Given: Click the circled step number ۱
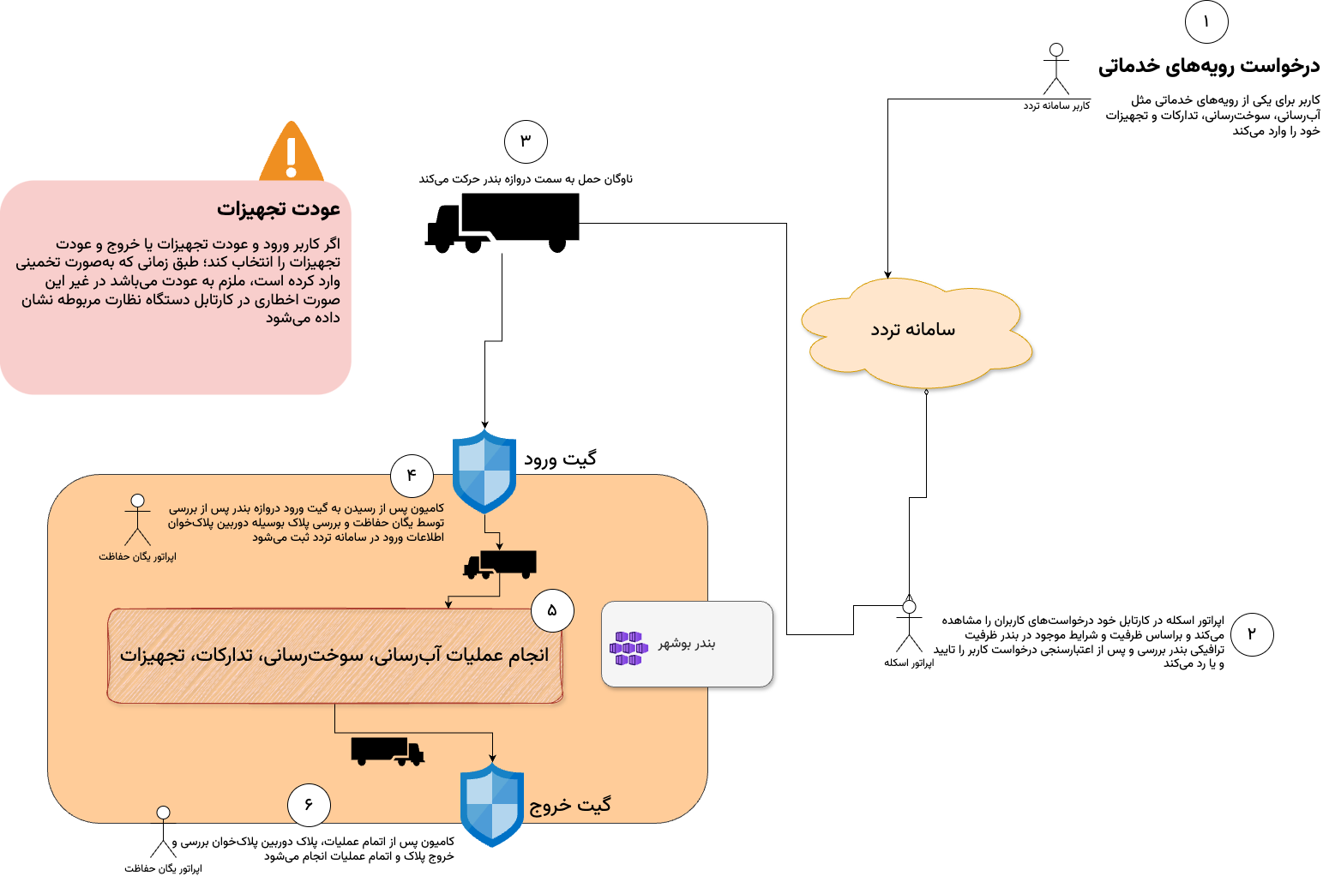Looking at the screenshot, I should tap(1206, 22).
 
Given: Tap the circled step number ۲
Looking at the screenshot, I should tap(1252, 634).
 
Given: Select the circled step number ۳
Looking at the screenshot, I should tap(526, 141).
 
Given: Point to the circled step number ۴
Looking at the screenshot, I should tap(412, 474).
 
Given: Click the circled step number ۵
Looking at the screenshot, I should tap(552, 610).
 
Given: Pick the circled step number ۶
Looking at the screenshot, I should tap(309, 805).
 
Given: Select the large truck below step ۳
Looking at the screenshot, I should tap(502, 223).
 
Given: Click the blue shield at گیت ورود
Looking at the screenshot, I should tap(484, 471).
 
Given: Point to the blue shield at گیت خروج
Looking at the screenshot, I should tap(492, 805).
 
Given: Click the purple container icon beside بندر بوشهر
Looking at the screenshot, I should tap(628, 648).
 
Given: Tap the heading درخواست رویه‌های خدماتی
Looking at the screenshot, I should tap(1209, 66).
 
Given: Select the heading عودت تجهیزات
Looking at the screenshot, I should tap(279, 209).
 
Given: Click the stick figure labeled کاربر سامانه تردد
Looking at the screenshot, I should tap(1056, 70).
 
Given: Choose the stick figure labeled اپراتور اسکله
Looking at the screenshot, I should tap(909, 626).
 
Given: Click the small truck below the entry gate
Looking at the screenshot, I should tap(500, 564).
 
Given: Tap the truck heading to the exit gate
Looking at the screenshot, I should tap(388, 751).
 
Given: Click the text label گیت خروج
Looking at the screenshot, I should tap(570, 805).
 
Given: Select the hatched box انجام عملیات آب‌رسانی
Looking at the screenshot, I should tap(334, 656).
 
